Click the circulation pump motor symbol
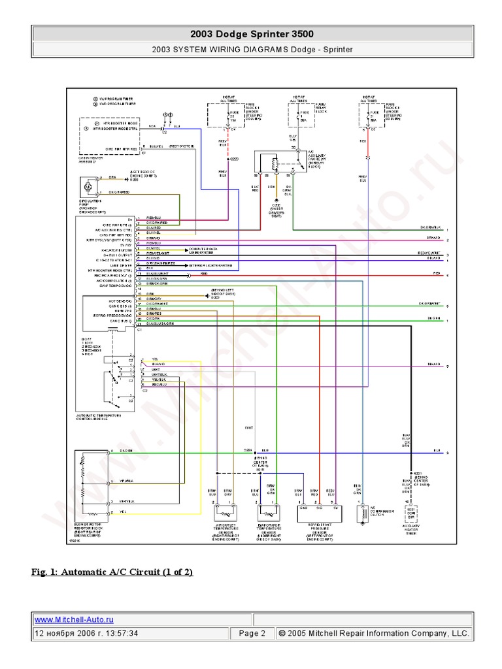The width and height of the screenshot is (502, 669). pos(86,188)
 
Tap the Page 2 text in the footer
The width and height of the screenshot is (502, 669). pos(252,633)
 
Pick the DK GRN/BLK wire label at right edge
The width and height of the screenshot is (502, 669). pos(430,227)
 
